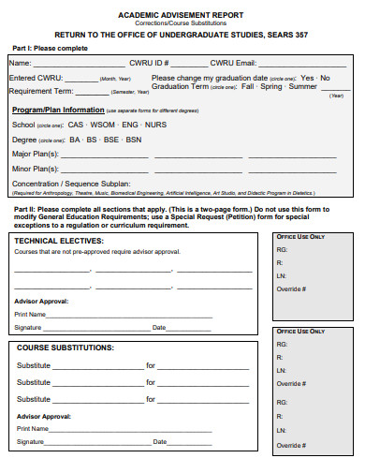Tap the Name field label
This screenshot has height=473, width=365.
[x=20, y=62]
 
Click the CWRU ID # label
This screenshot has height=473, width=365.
[x=148, y=62]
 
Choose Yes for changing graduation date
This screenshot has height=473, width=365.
[x=308, y=78]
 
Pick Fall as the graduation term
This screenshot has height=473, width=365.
[x=247, y=86]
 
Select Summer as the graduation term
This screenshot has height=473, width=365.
[x=302, y=86]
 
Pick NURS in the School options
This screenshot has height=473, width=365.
[x=156, y=125]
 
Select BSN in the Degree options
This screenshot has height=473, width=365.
[x=134, y=140]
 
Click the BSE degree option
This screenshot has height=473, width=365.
[x=111, y=140]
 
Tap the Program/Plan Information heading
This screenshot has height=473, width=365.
[x=52, y=110]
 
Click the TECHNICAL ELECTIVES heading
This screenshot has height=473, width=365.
[x=58, y=241]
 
